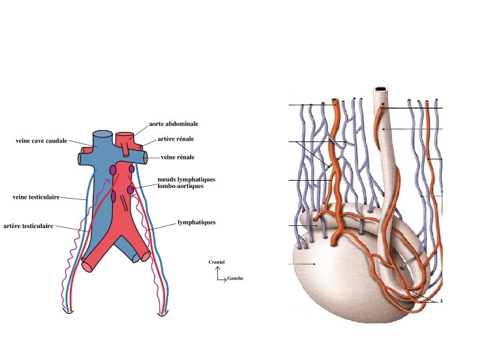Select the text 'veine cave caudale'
[x=41, y=141]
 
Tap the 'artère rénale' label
[x=176, y=139]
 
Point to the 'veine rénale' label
[x=178, y=157]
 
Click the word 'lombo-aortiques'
[x=180, y=186]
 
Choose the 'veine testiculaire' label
[x=37, y=197]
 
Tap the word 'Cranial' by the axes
[x=217, y=262]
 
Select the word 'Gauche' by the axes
[x=235, y=278]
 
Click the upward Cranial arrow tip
[x=217, y=267]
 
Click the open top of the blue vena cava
[x=103, y=133]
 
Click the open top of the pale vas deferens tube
[x=381, y=88]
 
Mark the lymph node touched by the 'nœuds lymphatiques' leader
[x=131, y=190]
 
